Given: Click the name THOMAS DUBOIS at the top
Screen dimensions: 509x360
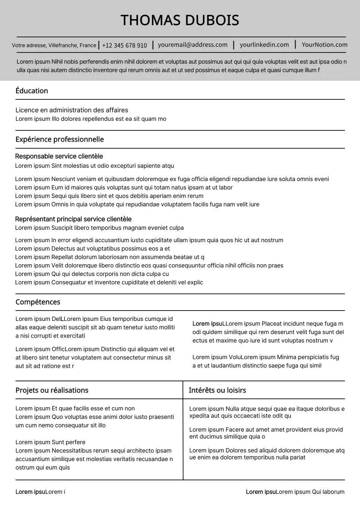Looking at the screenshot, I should click(180, 20).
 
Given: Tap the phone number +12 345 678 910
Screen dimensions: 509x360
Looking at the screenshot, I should click(124, 45).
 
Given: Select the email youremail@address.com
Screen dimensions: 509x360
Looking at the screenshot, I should click(193, 45).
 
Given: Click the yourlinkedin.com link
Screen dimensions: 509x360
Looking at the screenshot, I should click(264, 45).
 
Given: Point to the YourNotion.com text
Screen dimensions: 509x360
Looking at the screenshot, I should click(324, 45).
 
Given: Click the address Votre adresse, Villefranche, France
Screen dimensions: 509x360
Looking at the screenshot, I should click(54, 45).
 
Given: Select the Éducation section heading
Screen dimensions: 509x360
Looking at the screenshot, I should click(32, 91).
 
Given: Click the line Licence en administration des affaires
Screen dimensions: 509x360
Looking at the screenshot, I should click(72, 110).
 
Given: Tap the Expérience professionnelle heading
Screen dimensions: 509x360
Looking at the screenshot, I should click(60, 139).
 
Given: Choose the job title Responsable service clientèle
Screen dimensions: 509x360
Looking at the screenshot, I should click(59, 156).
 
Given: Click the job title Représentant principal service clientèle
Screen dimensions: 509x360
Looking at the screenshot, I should click(73, 219).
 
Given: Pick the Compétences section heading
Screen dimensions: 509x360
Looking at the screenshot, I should click(38, 302).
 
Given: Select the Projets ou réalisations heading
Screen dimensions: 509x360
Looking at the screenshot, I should click(52, 390).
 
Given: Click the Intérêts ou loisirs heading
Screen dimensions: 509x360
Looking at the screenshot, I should click(217, 390).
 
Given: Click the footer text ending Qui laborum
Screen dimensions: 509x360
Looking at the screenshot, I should click(295, 492).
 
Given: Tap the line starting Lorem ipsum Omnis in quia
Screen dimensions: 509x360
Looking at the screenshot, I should click(137, 204).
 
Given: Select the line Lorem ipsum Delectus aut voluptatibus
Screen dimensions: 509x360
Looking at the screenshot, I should click(92, 249).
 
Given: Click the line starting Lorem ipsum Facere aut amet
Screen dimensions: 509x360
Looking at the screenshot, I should click(266, 429).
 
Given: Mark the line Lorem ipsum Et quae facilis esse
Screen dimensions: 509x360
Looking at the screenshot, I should click(75, 408).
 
